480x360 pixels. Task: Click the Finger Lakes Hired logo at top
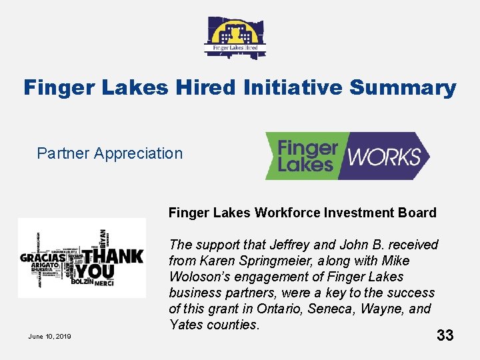coord(235,37)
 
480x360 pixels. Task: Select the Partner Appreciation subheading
coord(109,153)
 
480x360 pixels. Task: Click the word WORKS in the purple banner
coord(385,157)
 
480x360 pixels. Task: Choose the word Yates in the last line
coord(186,325)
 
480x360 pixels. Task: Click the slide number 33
coord(445,335)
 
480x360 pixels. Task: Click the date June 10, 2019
coord(49,336)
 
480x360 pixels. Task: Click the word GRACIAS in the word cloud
coord(43,257)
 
